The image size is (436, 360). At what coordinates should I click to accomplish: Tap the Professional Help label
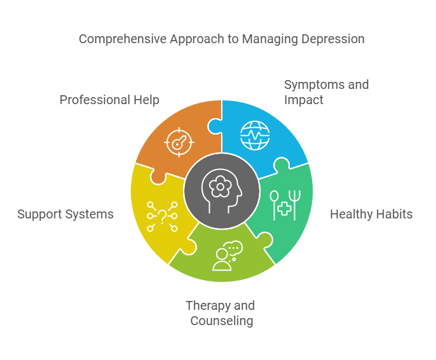click(x=109, y=100)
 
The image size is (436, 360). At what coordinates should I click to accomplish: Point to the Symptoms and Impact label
click(x=326, y=92)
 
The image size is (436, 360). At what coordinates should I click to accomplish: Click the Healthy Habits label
click(x=371, y=214)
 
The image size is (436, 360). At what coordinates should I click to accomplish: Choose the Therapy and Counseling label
click(x=220, y=313)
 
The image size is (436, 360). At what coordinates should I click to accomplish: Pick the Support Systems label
click(x=65, y=214)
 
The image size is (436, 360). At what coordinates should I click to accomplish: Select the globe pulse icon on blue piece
click(x=255, y=135)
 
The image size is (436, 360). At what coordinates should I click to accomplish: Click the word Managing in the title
click(x=269, y=39)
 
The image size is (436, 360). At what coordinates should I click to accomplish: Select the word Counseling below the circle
click(x=222, y=321)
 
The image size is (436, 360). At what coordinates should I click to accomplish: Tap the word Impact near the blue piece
click(x=304, y=100)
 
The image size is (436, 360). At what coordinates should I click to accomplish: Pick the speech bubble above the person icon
click(x=234, y=248)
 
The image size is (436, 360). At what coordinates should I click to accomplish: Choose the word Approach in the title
click(x=196, y=39)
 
